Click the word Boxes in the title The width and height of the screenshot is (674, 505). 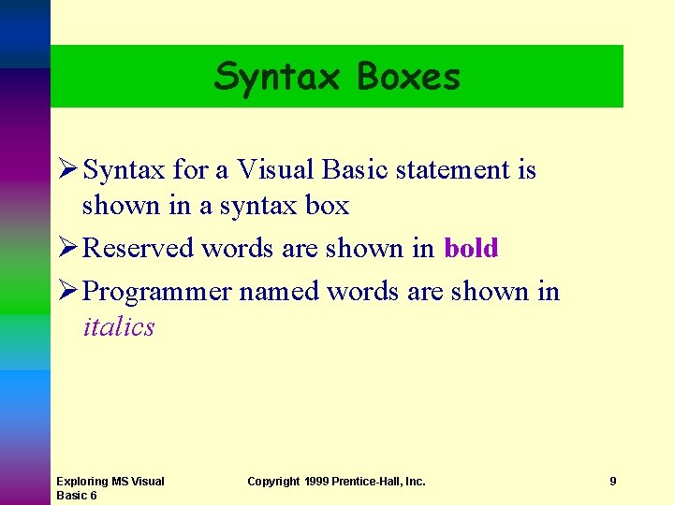(x=408, y=77)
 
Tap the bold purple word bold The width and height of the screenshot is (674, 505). (x=471, y=249)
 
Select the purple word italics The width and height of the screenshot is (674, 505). (x=119, y=327)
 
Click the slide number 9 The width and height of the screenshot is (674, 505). (x=613, y=481)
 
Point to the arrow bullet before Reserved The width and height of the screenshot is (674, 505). (x=66, y=249)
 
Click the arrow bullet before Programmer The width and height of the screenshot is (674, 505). (x=66, y=292)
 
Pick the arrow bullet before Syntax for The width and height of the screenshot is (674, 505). (x=66, y=170)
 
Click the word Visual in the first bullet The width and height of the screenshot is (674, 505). (x=275, y=170)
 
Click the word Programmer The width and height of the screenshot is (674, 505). (x=156, y=293)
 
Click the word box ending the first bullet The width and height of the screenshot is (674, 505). (x=328, y=205)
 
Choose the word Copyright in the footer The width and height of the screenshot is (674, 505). (x=274, y=481)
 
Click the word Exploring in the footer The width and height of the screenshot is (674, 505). (x=82, y=481)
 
